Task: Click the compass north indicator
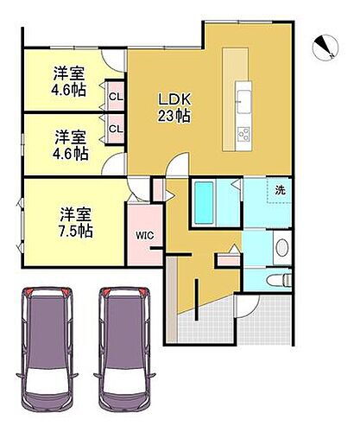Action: [x=326, y=47]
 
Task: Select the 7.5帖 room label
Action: [x=76, y=221]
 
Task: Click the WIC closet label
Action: [x=143, y=234]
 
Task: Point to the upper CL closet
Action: [x=115, y=95]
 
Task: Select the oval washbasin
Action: [x=281, y=248]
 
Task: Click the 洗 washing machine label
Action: [x=281, y=190]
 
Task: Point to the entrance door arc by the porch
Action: [x=244, y=302]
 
